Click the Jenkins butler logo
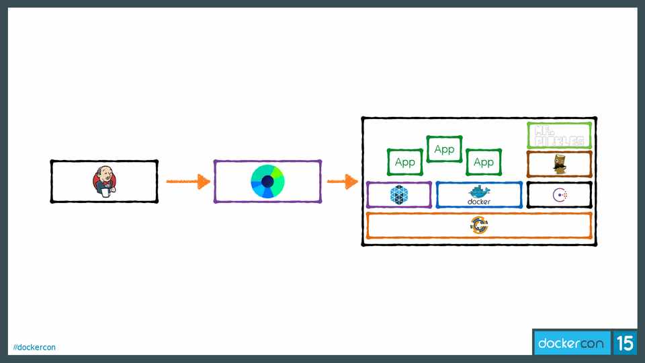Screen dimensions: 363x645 pos(104,181)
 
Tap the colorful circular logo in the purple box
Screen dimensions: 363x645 pos(268,181)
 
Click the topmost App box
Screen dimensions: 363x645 pos(444,149)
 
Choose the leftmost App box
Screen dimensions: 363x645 pos(404,162)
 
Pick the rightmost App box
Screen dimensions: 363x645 pos(484,162)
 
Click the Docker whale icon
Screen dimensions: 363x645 pos(479,191)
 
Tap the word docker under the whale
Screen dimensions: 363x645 pos(479,202)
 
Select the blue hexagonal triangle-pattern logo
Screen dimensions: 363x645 pos(400,195)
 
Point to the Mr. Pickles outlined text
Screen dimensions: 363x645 pos(559,135)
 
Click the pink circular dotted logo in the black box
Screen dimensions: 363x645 pos(560,195)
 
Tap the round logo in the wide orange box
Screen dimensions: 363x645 pos(479,225)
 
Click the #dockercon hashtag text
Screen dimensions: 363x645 pos(35,347)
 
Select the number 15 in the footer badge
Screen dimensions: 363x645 pos(625,344)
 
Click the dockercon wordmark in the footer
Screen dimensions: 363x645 pos(571,344)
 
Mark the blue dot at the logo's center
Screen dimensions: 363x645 pos(268,181)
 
